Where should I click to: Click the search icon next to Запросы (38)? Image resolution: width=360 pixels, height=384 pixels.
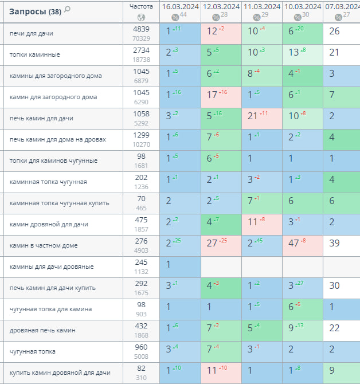[68, 9]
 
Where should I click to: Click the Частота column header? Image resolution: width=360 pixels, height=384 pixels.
[141, 6]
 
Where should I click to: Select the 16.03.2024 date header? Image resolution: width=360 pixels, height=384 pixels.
[180, 6]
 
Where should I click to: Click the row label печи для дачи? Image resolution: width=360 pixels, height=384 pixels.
[32, 34]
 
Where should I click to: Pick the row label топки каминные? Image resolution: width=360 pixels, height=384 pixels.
[35, 55]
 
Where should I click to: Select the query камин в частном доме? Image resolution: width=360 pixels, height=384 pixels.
[44, 246]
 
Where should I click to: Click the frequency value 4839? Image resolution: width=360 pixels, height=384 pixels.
[141, 29]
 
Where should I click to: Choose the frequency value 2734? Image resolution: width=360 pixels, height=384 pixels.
[141, 50]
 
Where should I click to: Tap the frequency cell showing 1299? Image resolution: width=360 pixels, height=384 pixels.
[141, 135]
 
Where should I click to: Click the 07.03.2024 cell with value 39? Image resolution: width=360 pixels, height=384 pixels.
[335, 244]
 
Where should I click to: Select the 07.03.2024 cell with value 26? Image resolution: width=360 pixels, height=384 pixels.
[335, 32]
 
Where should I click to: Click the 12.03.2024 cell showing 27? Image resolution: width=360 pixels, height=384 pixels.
[213, 244]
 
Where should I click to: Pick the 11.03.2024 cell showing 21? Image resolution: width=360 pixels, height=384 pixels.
[254, 116]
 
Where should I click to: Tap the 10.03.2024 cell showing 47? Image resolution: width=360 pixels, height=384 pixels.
[295, 244]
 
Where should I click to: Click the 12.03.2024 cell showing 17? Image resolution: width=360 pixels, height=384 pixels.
[213, 95]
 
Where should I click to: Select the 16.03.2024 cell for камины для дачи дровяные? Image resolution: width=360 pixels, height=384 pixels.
[169, 265]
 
